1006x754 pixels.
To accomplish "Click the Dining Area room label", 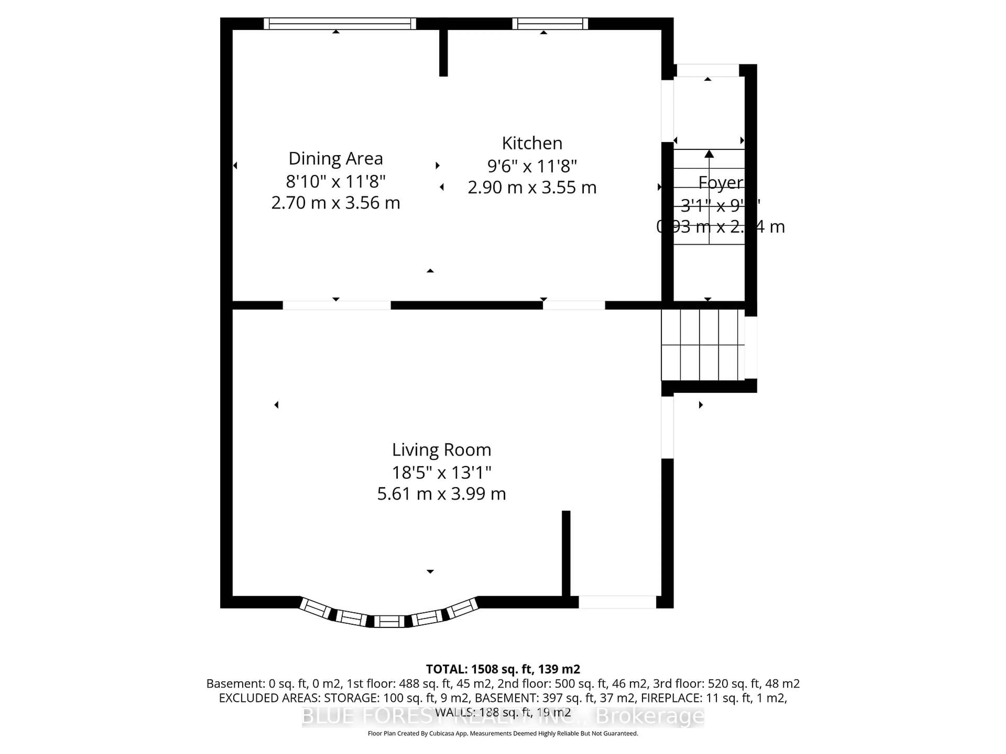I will pos(336,159).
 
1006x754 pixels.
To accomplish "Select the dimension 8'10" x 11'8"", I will pos(336,181).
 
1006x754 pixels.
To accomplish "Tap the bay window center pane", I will pos(389,621).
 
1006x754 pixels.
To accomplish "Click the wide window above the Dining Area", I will pos(340,24).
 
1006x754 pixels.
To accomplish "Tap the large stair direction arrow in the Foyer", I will pos(709,154).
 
